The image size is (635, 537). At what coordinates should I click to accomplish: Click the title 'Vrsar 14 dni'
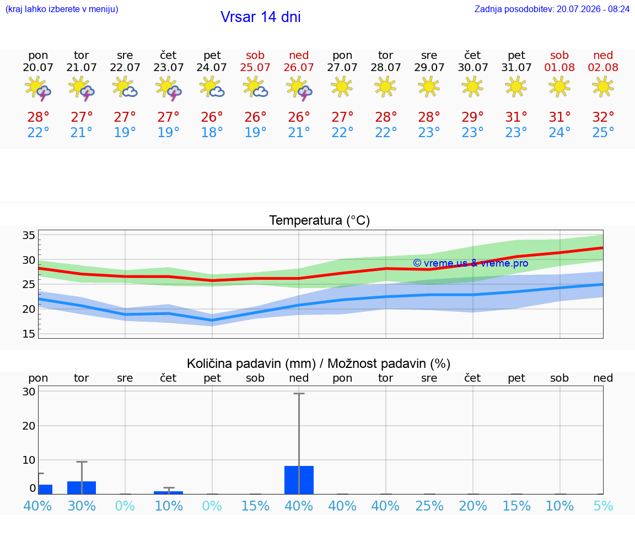pyautogui.click(x=260, y=17)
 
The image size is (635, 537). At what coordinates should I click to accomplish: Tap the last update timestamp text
pyautogui.click(x=552, y=9)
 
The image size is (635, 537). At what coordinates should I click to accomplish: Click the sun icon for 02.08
pyautogui.click(x=603, y=87)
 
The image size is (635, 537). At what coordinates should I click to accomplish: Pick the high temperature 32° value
pyautogui.click(x=603, y=117)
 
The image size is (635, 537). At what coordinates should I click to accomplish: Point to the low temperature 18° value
pyautogui.click(x=212, y=132)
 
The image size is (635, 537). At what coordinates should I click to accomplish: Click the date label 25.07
pyautogui.click(x=255, y=67)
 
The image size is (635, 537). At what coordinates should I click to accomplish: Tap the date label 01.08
pyautogui.click(x=559, y=67)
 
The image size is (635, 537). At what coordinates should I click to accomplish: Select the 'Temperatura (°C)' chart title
pyautogui.click(x=320, y=220)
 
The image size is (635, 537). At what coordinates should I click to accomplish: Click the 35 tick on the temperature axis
pyautogui.click(x=29, y=235)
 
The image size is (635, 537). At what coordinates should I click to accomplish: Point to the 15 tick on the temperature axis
pyautogui.click(x=29, y=334)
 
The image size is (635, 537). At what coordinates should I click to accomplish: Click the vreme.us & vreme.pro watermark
pyautogui.click(x=471, y=263)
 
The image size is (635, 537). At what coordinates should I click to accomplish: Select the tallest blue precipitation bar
pyautogui.click(x=299, y=480)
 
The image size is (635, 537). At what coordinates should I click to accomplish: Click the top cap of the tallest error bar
pyautogui.click(x=299, y=393)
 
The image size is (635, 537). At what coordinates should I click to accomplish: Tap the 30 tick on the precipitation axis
pyautogui.click(x=29, y=391)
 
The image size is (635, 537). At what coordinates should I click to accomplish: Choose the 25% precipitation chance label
pyautogui.click(x=429, y=506)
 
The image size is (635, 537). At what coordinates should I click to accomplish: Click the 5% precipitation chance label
pyautogui.click(x=603, y=506)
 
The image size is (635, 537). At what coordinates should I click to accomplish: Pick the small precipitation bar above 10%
pyautogui.click(x=169, y=492)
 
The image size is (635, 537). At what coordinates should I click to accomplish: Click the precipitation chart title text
pyautogui.click(x=319, y=364)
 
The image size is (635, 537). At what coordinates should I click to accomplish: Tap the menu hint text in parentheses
pyautogui.click(x=62, y=9)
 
